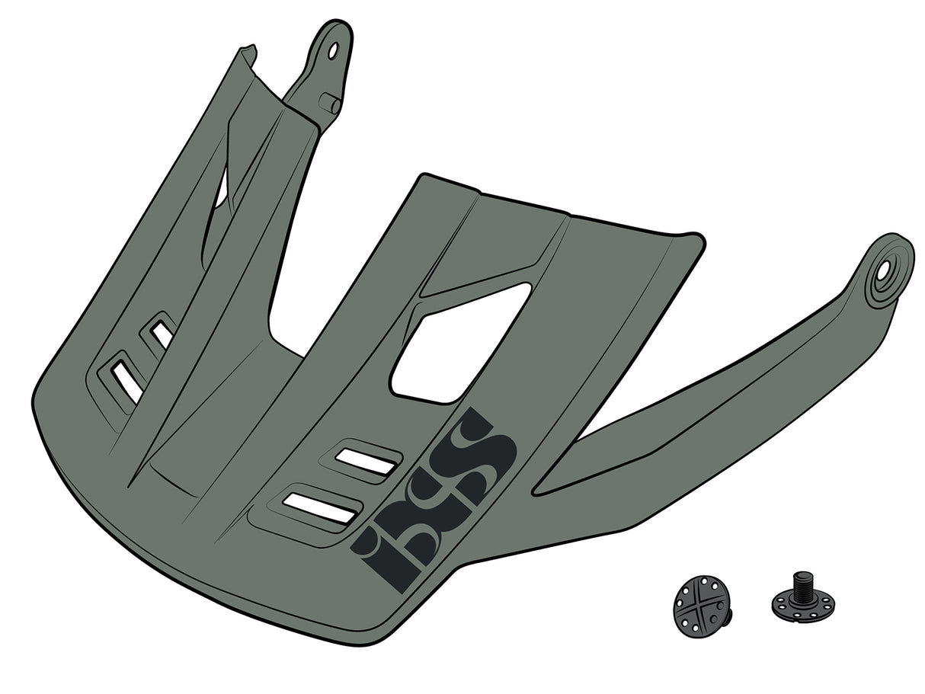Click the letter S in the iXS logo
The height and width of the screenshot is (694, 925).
click(x=481, y=449)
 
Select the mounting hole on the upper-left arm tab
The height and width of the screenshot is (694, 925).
click(x=333, y=50)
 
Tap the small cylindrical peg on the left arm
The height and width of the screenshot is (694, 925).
click(x=330, y=102)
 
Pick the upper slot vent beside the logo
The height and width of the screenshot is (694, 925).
click(x=366, y=462)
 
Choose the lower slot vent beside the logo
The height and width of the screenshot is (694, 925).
click(x=321, y=508)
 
